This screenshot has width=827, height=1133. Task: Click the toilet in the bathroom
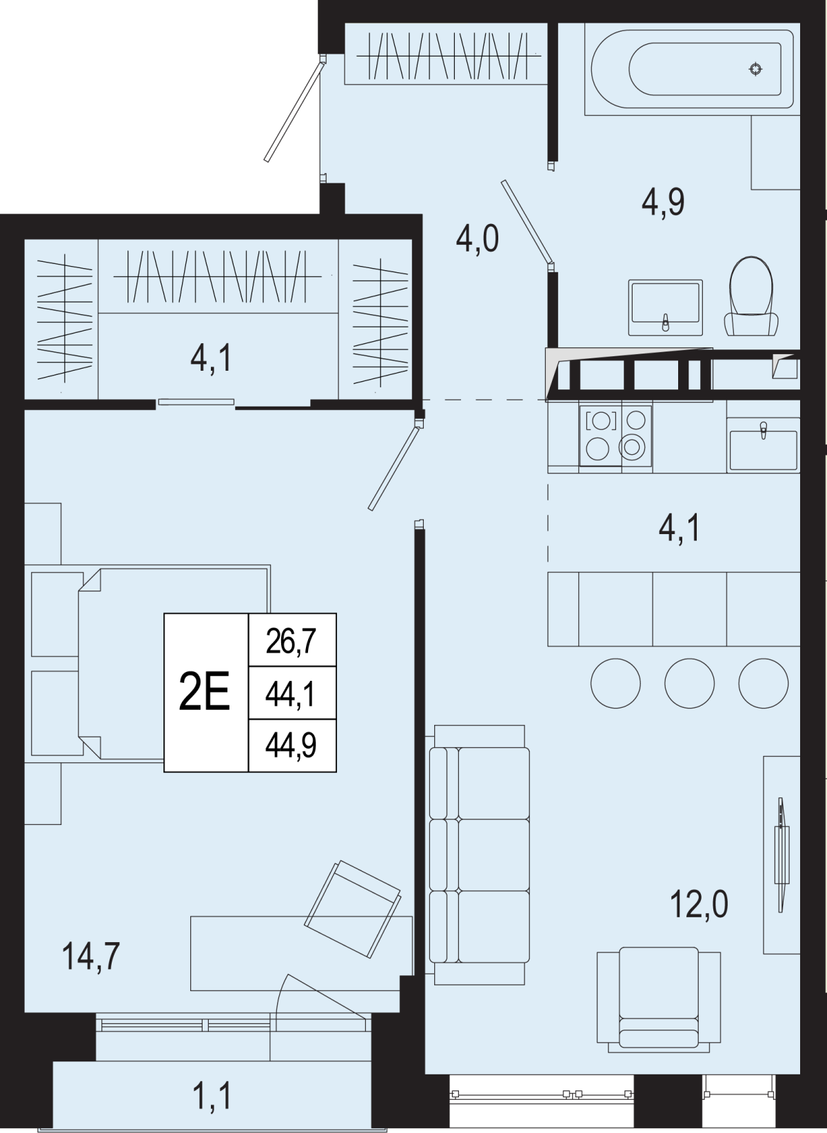coord(751,296)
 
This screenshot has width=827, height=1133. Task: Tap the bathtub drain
coord(756,69)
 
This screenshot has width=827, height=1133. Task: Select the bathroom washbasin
coord(666,307)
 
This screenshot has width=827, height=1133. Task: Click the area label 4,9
coord(663,203)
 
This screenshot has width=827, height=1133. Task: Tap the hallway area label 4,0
coord(478,238)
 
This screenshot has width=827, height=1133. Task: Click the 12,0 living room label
coord(699,904)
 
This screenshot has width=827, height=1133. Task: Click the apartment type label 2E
coord(205,692)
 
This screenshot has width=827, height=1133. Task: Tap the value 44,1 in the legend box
coord(291,694)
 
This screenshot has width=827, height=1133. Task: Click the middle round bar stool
coord(689,683)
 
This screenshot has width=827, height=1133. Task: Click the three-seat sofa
coord(479,855)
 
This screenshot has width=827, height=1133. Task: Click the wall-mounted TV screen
coord(782,855)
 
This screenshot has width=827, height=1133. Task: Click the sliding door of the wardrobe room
coord(196,402)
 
